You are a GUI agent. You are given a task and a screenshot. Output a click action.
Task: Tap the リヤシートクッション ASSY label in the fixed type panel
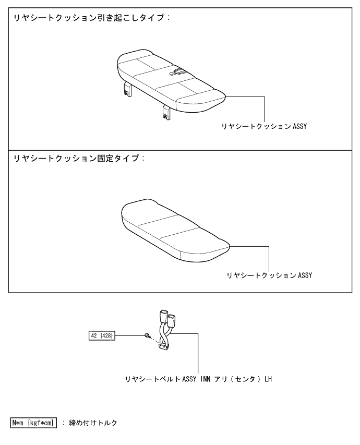(x=269, y=275)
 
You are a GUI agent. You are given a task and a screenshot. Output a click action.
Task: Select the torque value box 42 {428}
(x=102, y=334)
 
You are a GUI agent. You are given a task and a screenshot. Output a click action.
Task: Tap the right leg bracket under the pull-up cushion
(x=166, y=111)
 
